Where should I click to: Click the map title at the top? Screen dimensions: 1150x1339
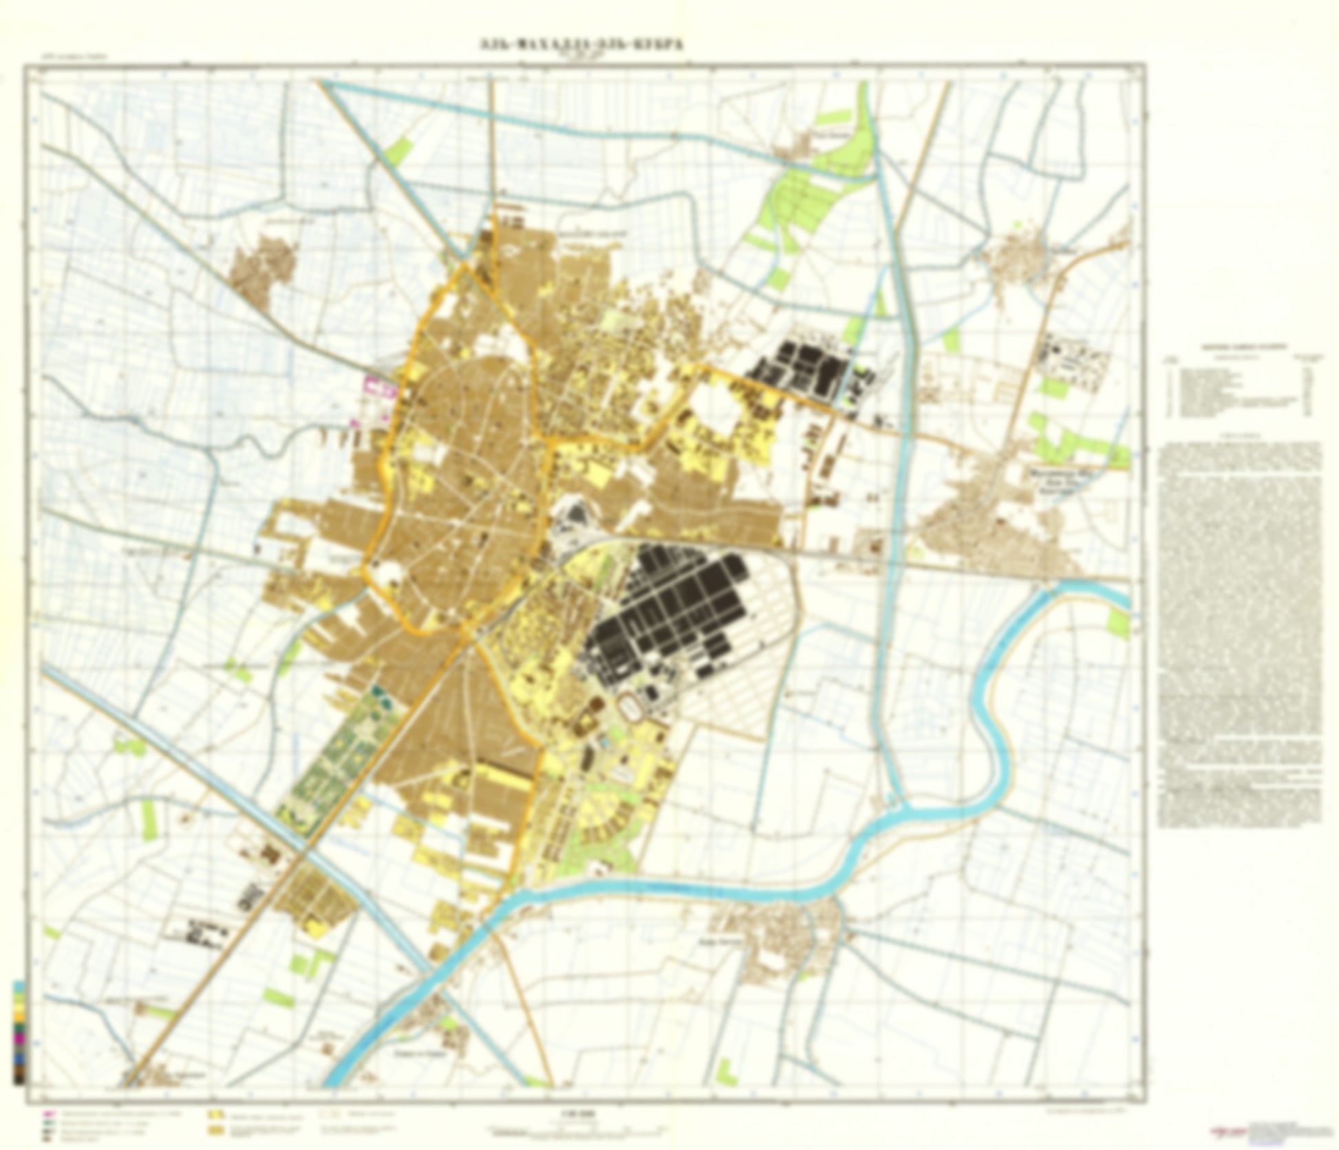coord(581,45)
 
